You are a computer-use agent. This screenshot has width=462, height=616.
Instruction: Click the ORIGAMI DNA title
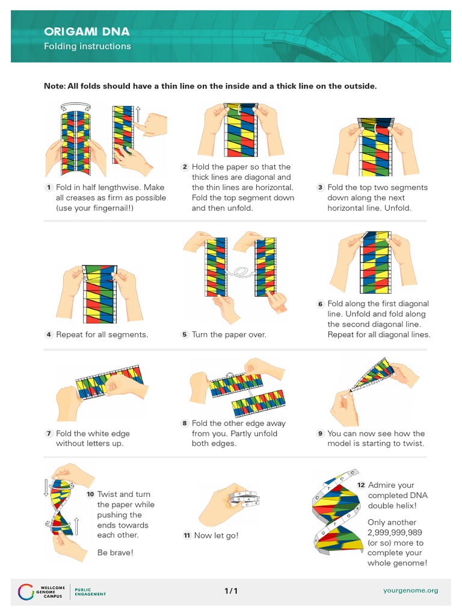point(87,32)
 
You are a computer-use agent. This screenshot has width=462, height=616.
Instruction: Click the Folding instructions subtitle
point(87,46)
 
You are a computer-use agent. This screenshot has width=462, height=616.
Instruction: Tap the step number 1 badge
point(48,188)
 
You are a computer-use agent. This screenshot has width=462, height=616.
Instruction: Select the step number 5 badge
point(185,334)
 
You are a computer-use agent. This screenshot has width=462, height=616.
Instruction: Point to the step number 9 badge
point(321,433)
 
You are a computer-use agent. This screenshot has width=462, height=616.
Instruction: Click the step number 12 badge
point(361,485)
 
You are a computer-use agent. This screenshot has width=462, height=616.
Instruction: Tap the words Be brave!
point(115,552)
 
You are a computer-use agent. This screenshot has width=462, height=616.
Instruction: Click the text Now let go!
point(216,535)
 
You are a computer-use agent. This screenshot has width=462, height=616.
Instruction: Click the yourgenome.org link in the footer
point(410,590)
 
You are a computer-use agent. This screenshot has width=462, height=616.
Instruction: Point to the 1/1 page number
point(231,591)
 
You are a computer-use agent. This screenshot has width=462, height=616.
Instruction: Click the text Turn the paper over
point(229,334)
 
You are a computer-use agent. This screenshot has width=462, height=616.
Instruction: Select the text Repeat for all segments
point(102,334)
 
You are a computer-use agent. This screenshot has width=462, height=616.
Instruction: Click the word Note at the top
point(54,86)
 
